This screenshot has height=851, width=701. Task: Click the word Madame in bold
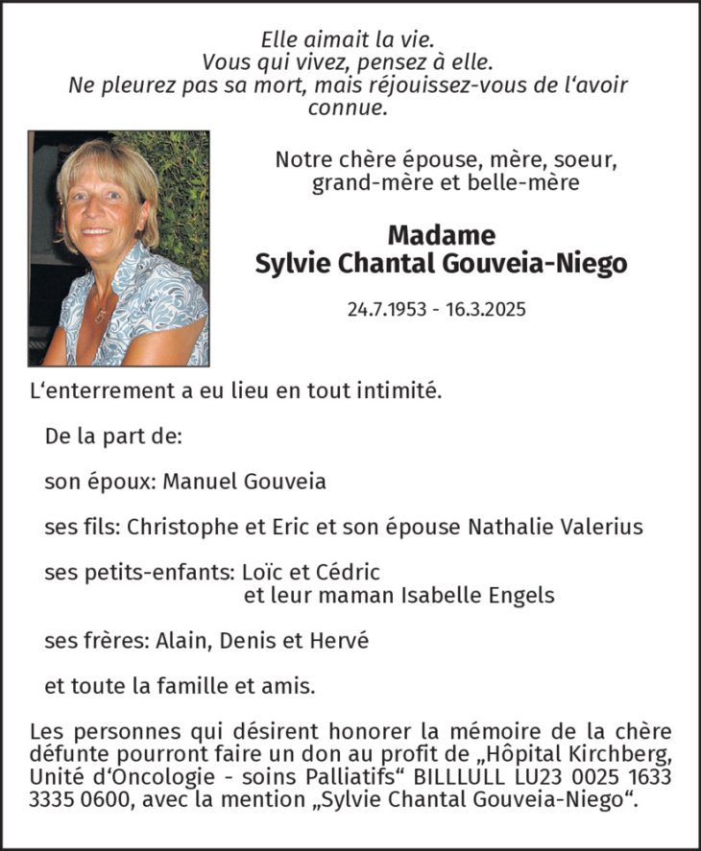click(x=441, y=235)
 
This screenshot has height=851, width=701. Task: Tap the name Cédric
click(x=348, y=572)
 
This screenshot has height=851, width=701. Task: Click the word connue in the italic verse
click(x=348, y=107)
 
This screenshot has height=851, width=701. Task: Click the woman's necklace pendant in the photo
click(x=99, y=315)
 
